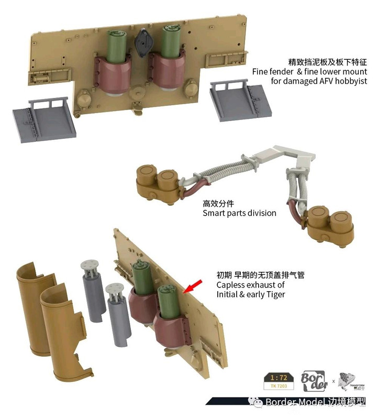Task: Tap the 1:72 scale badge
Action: (x=279, y=377)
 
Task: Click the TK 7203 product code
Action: (x=279, y=386)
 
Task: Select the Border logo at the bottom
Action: (x=314, y=381)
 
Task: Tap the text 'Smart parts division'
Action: (x=239, y=213)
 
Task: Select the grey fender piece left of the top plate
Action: (x=45, y=120)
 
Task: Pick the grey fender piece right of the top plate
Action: (x=241, y=100)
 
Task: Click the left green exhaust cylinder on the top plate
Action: (x=116, y=46)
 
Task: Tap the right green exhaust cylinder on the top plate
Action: (x=171, y=41)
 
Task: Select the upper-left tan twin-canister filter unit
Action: (x=158, y=184)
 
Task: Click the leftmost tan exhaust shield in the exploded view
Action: (x=36, y=307)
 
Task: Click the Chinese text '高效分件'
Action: (x=218, y=204)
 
